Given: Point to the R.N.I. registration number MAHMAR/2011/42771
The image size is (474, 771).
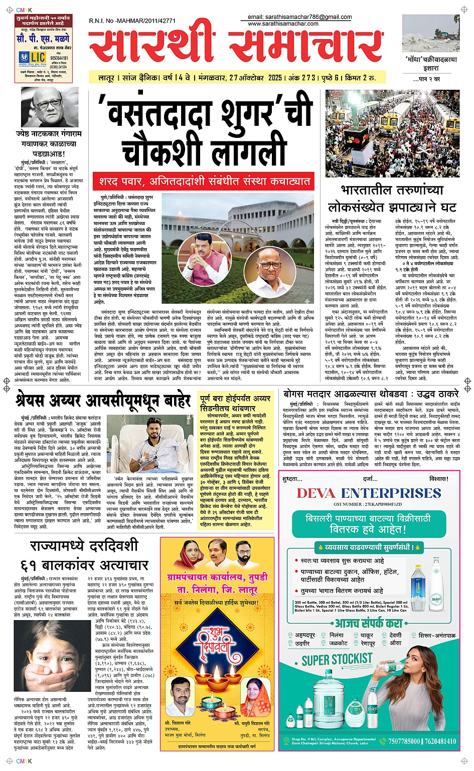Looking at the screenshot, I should [132, 21].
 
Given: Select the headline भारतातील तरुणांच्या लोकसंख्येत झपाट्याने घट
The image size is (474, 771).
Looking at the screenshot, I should [392, 199].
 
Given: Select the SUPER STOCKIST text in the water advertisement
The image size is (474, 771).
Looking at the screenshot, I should [337, 660].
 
